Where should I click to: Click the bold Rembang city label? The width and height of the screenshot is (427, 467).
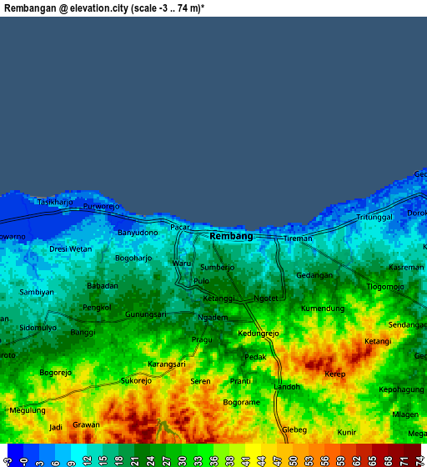click(x=231, y=236)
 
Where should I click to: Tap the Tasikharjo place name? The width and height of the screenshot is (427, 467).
click(x=55, y=203)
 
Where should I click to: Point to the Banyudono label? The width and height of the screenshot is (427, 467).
click(x=138, y=233)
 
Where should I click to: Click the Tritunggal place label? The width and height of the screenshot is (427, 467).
click(x=374, y=217)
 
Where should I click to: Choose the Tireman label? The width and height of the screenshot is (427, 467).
click(x=298, y=239)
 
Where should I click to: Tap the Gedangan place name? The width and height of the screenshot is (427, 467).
click(x=314, y=275)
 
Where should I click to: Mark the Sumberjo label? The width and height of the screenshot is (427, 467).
click(x=218, y=267)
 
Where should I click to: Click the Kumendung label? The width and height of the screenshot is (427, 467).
click(x=323, y=309)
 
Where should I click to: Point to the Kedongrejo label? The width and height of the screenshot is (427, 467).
click(x=259, y=334)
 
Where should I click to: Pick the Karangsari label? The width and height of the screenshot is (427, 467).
click(x=167, y=364)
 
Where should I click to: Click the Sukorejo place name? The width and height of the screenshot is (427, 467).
click(x=137, y=381)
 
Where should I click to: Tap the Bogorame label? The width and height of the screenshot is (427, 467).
click(x=242, y=402)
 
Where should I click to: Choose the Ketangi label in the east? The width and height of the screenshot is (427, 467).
click(x=378, y=341)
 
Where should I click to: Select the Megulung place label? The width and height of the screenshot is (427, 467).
click(x=28, y=410)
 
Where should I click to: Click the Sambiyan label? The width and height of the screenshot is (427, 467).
click(x=37, y=292)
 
